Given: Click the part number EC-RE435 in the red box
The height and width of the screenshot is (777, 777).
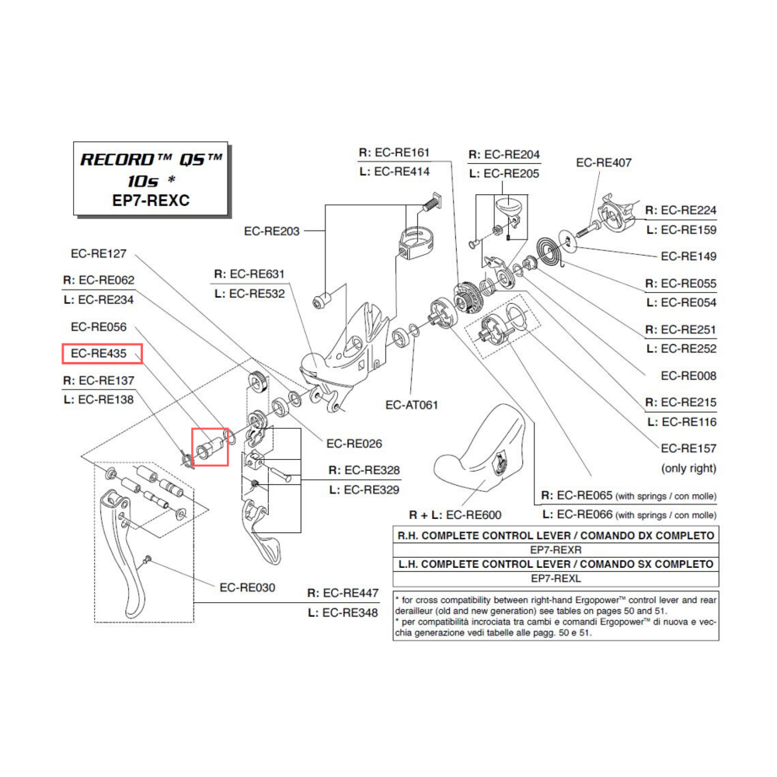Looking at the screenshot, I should tap(102, 354).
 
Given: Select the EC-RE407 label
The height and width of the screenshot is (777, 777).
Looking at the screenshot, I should tap(603, 163).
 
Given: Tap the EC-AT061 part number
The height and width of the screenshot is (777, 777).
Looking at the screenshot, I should tap(412, 404).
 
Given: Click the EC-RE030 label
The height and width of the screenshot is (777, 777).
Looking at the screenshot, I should tap(247, 587).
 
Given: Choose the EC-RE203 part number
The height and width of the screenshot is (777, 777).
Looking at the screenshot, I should tap(272, 231).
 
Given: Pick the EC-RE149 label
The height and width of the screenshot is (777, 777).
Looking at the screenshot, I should tap(688, 256).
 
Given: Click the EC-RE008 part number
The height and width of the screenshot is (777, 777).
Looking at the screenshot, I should tap(688, 376).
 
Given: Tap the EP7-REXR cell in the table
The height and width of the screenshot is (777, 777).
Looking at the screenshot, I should tap(556, 549).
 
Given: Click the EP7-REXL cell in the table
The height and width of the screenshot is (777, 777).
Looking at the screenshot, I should tap(556, 578).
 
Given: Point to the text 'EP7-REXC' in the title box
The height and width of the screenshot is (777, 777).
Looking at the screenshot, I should tap(152, 200).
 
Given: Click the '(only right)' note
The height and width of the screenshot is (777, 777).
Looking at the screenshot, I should tap(688, 469).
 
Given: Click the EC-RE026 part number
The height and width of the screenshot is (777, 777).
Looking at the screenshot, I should tap(354, 444).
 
